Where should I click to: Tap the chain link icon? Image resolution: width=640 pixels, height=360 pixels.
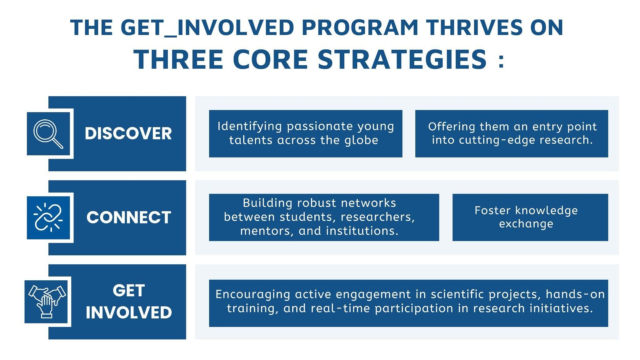[x=48, y=217]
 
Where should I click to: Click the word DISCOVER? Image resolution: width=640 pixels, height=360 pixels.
[x=128, y=134]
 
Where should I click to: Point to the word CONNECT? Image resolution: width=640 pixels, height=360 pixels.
[x=129, y=217]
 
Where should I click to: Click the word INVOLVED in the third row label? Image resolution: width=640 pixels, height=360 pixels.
[x=129, y=313]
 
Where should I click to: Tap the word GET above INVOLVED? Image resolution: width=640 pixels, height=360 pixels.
[x=129, y=290]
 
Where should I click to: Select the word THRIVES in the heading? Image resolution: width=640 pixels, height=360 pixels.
[x=474, y=27]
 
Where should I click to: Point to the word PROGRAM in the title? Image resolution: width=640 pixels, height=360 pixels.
[x=360, y=27]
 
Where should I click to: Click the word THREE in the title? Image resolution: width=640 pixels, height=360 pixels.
[x=178, y=59]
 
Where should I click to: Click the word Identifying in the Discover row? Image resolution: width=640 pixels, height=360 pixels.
[x=250, y=127]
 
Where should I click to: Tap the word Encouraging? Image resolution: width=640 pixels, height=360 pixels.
[x=253, y=295]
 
